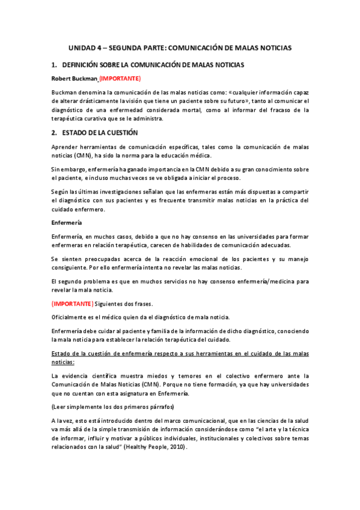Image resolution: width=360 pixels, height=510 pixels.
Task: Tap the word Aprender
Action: pos(67,147)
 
